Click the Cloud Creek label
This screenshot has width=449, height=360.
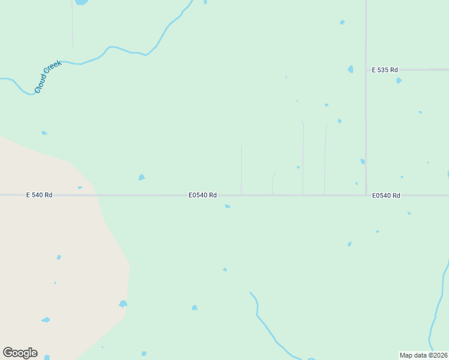pyautogui.click(x=48, y=76)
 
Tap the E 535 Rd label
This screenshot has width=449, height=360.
pyautogui.click(x=385, y=70)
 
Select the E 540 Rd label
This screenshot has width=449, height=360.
pyautogui.click(x=39, y=195)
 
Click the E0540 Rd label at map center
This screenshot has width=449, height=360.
pyautogui.click(x=202, y=195)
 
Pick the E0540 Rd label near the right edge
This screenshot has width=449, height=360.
pyautogui.click(x=386, y=196)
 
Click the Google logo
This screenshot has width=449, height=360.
pyautogui.click(x=20, y=353)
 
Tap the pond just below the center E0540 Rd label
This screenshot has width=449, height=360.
pyautogui.click(x=228, y=206)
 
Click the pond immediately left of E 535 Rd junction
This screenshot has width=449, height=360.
pyautogui.click(x=351, y=70)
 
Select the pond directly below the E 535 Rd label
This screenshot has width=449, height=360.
pyautogui.click(x=399, y=80)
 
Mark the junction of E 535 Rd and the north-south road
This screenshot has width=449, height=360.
pyautogui.click(x=366, y=70)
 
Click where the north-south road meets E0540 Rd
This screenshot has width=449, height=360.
pyautogui.click(x=366, y=195)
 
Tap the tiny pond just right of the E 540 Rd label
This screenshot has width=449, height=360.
pyautogui.click(x=80, y=188)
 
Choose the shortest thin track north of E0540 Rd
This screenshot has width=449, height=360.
pyautogui.click(x=273, y=184)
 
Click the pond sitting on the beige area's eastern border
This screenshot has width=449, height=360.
pyautogui.click(x=123, y=304)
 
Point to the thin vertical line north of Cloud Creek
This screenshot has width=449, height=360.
pyautogui.click(x=73, y=24)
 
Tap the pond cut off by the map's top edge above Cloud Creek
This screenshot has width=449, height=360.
pyautogui.click(x=80, y=2)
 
